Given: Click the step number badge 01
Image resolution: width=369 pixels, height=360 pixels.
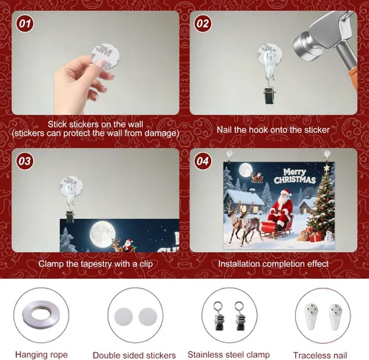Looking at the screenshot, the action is point(24,24).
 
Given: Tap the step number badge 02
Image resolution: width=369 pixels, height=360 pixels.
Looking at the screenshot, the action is point(203,24).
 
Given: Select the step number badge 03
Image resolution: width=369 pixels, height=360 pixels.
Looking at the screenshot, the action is point(24,161).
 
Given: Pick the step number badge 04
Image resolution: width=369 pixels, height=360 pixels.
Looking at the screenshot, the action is point(203,161).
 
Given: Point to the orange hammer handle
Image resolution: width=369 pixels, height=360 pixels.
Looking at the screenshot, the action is point(354,78).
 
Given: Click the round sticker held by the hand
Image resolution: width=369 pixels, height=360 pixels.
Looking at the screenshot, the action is point(106,57).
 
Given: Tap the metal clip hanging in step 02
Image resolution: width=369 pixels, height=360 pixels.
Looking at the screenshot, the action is point(269,94).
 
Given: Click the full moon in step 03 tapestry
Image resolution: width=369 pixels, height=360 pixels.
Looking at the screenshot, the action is point(103,234).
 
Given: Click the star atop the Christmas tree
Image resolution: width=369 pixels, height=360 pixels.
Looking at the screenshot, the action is point(327,168).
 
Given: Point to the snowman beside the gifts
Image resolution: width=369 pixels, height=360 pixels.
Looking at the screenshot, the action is point(328,235).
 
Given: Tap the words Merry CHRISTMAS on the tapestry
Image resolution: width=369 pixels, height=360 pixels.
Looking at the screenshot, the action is point(294,176).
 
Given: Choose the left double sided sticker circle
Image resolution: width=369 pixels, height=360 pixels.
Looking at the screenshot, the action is point(123,316).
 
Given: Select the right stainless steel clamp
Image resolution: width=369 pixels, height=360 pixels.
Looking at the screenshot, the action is point(240,316).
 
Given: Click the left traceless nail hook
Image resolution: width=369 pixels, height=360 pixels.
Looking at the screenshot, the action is point(311,316).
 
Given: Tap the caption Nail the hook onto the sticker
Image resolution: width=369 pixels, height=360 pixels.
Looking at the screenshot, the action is point(273,130).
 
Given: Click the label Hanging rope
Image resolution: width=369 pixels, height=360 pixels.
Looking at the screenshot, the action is point(41,355).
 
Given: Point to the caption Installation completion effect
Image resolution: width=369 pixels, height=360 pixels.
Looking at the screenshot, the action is point(273,263).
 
